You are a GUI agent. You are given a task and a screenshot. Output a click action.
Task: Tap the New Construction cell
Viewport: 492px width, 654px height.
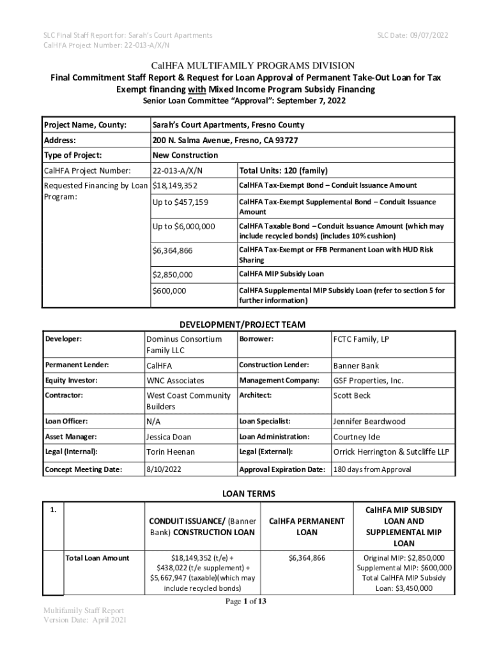(185, 155)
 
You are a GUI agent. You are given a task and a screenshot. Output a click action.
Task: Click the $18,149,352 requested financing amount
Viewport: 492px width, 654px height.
(175, 185)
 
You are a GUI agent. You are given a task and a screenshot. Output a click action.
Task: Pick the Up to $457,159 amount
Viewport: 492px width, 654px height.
(180, 202)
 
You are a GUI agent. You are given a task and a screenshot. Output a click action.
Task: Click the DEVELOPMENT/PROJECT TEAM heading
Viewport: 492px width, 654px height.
(247, 324)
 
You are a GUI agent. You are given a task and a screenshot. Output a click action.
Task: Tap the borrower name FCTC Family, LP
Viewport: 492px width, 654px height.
(360, 339)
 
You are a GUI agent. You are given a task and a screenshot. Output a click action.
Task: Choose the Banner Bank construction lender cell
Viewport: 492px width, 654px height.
(356, 365)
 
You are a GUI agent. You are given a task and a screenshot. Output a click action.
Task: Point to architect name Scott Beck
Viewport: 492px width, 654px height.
(351, 395)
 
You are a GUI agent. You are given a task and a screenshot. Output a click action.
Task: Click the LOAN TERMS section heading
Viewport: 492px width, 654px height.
(247, 494)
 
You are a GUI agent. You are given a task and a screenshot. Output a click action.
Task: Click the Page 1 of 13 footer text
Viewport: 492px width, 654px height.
(246, 601)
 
